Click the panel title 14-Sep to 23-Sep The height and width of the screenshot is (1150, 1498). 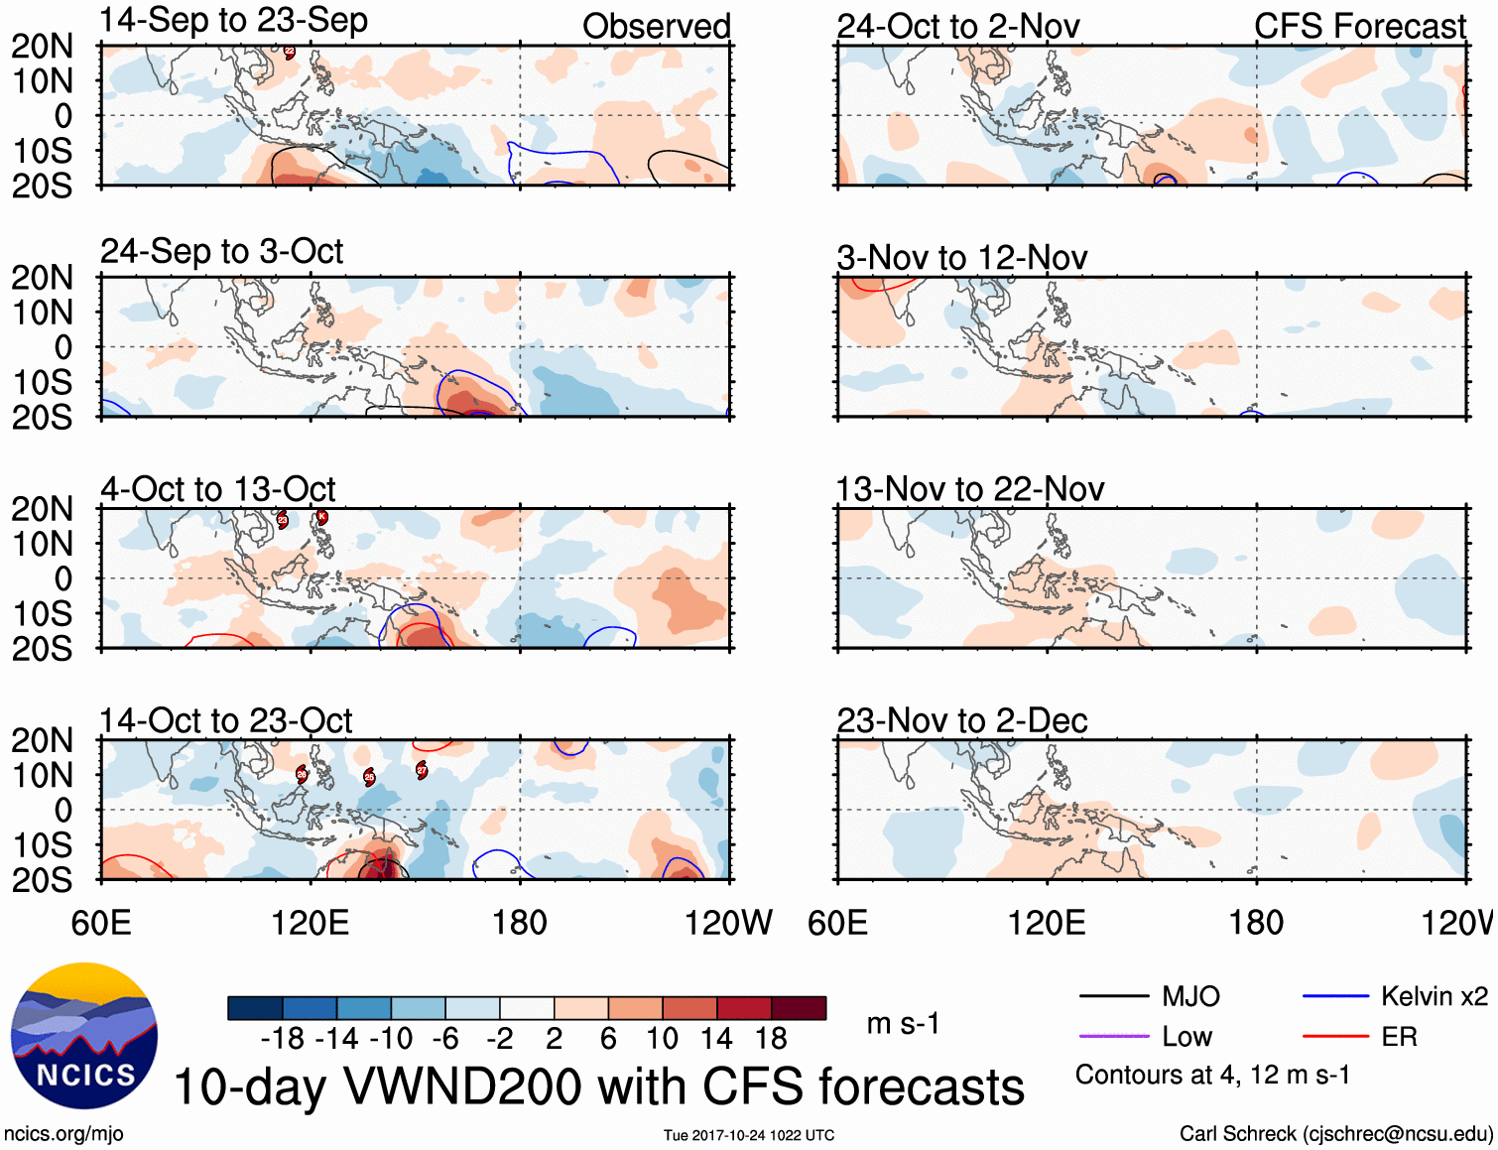click(x=234, y=21)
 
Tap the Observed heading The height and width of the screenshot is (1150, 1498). click(x=656, y=27)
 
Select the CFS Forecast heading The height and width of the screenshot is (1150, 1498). click(x=1359, y=27)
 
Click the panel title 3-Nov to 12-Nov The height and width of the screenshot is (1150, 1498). click(x=961, y=258)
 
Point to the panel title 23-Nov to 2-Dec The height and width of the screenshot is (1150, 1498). click(x=961, y=721)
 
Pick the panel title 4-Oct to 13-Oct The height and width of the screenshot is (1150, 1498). click(x=218, y=489)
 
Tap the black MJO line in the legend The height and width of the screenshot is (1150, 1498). click(x=1113, y=996)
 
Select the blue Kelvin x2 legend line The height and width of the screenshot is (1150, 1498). click(x=1335, y=996)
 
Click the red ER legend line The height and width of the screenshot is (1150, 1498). click(x=1335, y=1037)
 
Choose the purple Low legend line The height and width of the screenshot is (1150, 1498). click(x=1113, y=1037)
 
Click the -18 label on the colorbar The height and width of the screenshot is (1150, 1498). click(x=283, y=1039)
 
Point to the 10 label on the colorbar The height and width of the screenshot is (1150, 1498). click(x=662, y=1039)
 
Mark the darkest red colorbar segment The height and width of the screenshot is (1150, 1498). click(x=799, y=1008)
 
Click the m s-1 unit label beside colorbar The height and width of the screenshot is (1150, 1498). click(x=903, y=1024)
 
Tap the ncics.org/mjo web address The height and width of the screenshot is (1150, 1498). click(x=63, y=1133)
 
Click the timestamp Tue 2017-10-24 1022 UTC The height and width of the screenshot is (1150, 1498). click(x=749, y=1135)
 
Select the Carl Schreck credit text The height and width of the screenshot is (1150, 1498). click(x=1335, y=1133)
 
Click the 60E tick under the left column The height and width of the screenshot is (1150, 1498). click(x=101, y=923)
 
